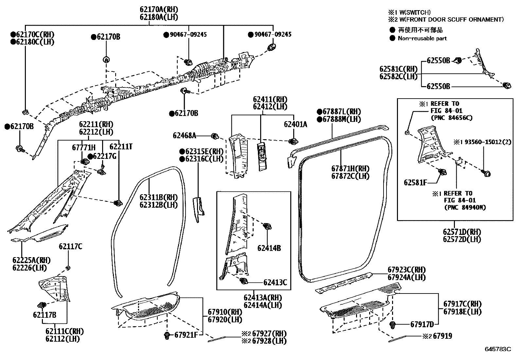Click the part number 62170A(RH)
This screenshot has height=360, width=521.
159,9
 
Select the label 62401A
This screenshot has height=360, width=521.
296,124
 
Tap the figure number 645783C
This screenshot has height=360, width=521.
498,349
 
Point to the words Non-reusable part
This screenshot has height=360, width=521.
422,38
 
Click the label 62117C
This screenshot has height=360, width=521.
70,246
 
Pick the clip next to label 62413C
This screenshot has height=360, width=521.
243,281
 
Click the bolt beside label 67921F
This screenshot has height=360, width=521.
167,335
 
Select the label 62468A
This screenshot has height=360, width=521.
185,136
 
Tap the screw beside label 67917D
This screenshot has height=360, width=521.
392,325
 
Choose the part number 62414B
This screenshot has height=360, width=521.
269,248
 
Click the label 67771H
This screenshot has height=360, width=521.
84,147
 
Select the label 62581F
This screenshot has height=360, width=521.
415,183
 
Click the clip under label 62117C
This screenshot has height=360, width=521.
68,268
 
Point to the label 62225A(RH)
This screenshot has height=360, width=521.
31,260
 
